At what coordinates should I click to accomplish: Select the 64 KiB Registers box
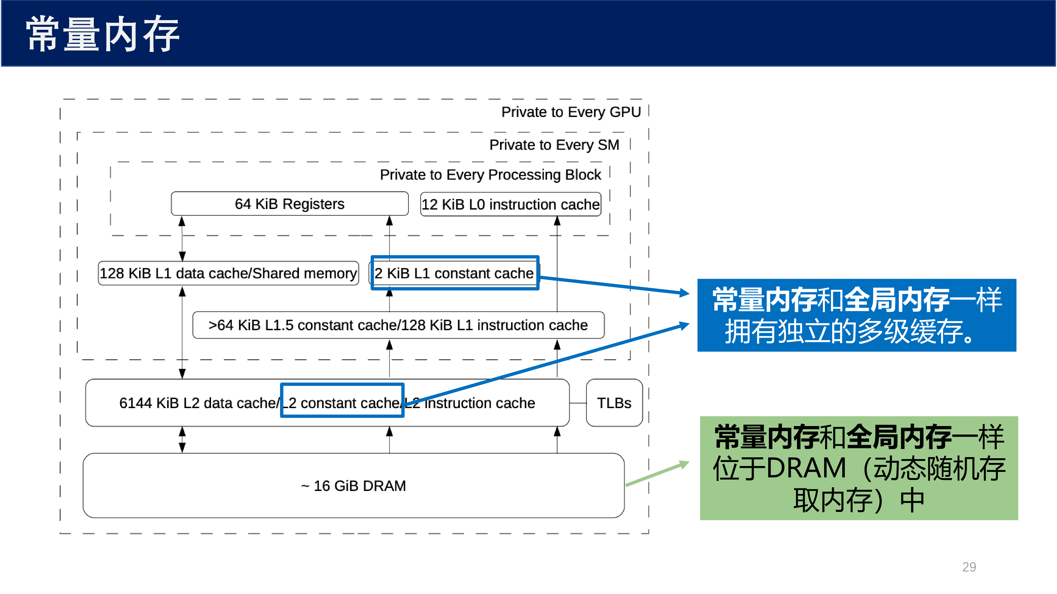click(290, 204)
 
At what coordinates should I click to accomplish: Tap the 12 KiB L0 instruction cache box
click(511, 204)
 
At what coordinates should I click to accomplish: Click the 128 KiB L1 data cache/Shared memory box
click(228, 273)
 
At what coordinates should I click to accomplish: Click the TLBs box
click(614, 403)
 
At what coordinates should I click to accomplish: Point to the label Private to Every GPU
click(571, 112)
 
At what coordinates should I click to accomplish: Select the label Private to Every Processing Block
click(490, 175)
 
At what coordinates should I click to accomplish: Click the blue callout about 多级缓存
click(857, 315)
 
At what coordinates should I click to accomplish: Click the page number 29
click(969, 567)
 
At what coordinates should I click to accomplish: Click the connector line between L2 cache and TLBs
click(578, 403)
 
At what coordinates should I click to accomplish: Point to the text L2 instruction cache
click(470, 403)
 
